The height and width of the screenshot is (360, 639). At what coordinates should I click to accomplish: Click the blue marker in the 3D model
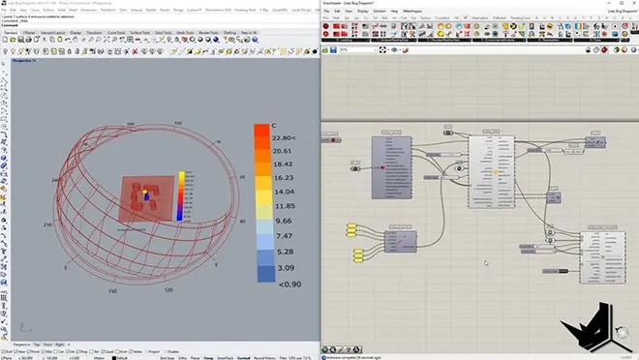pyautogui.click(x=145, y=193)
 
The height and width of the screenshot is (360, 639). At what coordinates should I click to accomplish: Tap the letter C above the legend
pyautogui.click(x=274, y=126)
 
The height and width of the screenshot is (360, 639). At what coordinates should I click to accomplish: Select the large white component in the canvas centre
pyautogui.click(x=495, y=171)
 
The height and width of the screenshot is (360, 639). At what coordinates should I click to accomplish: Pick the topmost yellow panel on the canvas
pyautogui.click(x=357, y=228)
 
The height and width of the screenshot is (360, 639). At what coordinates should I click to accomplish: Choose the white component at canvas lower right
pyautogui.click(x=602, y=257)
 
